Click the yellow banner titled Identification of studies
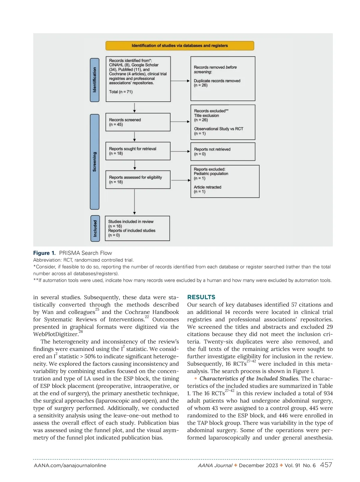point(180,46)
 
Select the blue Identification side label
point(94,80)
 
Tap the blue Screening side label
point(94,162)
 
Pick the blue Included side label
point(95,228)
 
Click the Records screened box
point(138,122)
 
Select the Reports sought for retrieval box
point(138,151)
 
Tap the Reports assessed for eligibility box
point(138,179)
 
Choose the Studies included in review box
point(137,228)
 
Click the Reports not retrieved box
point(223,152)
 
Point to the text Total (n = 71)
point(121,92)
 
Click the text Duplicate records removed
point(217,81)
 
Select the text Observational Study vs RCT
point(218,129)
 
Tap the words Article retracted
point(207,187)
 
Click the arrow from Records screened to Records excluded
point(180,122)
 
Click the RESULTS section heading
point(201,297)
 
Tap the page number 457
point(326,465)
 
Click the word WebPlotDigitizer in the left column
point(55,334)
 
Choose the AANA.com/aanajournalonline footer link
point(70,465)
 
